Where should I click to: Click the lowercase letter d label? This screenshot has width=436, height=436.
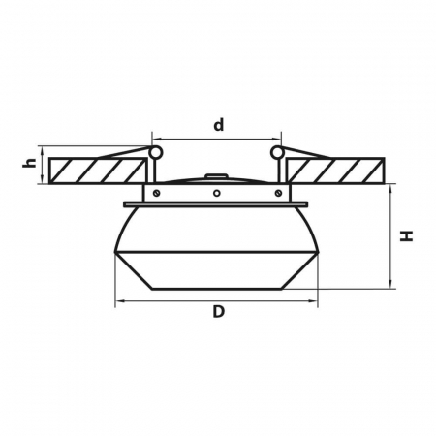point(218,125)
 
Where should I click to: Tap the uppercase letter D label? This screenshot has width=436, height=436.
point(218,312)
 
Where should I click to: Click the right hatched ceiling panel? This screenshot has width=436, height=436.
point(339,171)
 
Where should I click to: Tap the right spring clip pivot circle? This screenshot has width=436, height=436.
point(279,152)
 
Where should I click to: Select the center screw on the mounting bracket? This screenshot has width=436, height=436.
point(218,193)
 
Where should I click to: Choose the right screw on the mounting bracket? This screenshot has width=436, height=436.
point(282,193)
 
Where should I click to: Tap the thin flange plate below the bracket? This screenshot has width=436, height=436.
point(218,204)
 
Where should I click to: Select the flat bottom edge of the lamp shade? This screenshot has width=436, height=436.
point(218,289)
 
